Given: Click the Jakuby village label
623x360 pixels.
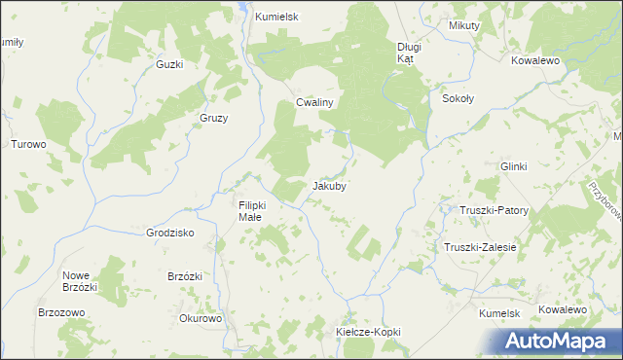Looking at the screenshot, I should (x=330, y=185).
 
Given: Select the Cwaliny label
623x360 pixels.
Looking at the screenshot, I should (x=315, y=103).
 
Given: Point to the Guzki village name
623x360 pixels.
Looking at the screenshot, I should (x=169, y=64).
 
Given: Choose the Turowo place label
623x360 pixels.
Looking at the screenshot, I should (x=28, y=144).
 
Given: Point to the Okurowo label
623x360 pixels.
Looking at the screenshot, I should (x=202, y=318).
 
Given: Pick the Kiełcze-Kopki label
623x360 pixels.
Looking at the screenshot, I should (x=368, y=332).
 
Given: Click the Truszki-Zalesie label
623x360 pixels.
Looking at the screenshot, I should (x=480, y=247).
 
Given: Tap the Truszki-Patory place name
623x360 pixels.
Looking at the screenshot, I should (x=494, y=210).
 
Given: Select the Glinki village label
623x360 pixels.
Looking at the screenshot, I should (x=513, y=166).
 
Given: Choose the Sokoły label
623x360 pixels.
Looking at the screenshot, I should (x=458, y=99).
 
